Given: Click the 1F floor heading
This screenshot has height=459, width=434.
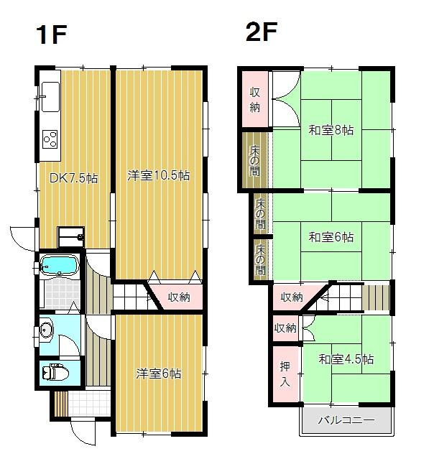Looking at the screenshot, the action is coord(52,34).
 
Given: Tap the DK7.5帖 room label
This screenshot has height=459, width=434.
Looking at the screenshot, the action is coord(73,177).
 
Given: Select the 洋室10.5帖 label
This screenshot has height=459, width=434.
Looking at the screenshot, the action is coord(158,175).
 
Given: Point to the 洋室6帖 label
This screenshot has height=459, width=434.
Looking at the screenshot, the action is coord(158,374).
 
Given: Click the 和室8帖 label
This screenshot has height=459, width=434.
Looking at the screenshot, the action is coord(331,130).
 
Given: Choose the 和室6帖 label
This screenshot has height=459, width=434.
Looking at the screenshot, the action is coord(331,237).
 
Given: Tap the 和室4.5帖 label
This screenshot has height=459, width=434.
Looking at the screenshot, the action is coord(346,359).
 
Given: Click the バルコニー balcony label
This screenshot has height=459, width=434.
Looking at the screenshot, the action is coord(346,420).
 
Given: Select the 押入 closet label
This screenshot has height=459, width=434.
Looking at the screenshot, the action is coord(285,374).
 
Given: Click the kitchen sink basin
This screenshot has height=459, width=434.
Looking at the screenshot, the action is coord(50,96).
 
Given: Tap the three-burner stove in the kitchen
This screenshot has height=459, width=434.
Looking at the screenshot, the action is coord(50,139).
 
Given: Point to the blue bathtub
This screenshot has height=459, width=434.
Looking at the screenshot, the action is coord(59,265).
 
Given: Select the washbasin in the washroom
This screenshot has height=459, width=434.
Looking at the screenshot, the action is coord(46,331).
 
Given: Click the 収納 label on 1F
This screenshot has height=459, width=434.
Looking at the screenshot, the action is coord(179,297).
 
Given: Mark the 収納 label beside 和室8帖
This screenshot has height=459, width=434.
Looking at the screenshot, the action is coord(255,100).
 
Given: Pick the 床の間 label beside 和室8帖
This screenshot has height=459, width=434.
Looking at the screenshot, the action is coord(254,160).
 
